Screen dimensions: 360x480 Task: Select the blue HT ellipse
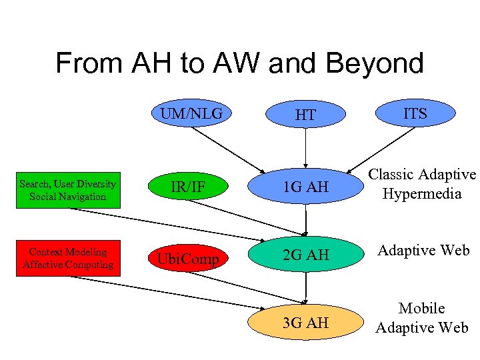coord(305,115)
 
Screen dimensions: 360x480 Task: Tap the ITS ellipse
coord(415,114)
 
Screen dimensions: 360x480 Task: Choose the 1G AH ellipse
coord(306,187)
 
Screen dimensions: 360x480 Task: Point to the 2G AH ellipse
coord(306,255)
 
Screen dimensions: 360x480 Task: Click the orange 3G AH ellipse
coord(306,323)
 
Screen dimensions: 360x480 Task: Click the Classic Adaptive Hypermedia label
coord(422,184)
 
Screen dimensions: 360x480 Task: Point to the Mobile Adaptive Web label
coord(422,318)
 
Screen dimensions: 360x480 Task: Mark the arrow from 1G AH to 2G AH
coord(305,220)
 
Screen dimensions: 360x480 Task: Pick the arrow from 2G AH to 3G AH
coord(305,289)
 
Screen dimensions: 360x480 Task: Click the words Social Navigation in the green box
coord(67,197)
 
